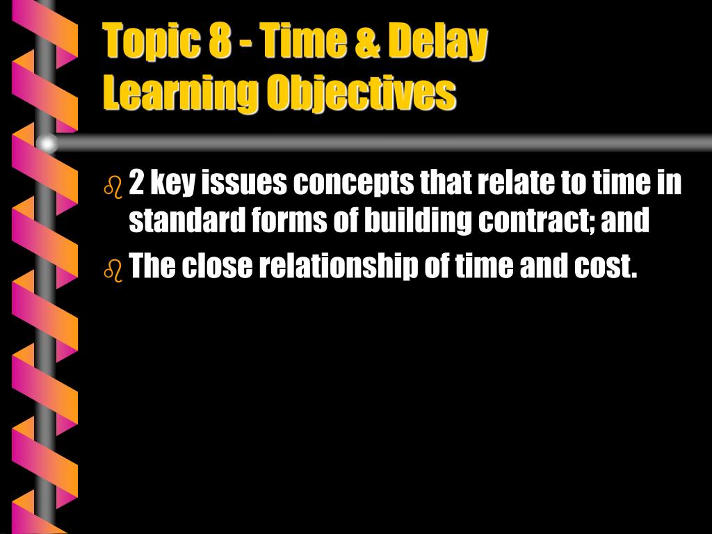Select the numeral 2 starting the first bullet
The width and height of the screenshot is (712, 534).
(x=137, y=184)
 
